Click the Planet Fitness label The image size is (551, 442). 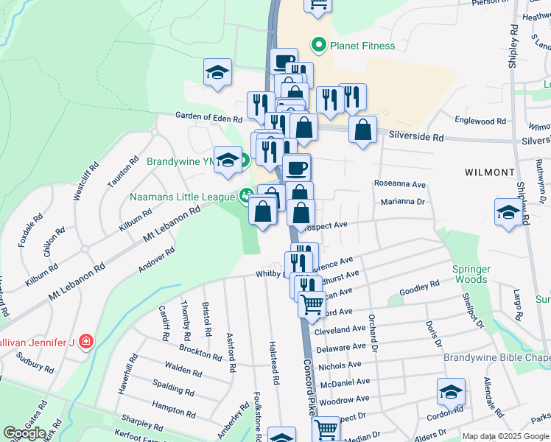(362, 46)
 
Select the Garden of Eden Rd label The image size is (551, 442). (208, 118)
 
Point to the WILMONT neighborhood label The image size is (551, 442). (490, 172)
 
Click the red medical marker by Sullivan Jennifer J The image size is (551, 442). (86, 341)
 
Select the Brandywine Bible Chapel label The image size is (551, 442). (497, 357)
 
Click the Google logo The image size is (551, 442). (24, 432)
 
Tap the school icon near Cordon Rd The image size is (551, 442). (451, 391)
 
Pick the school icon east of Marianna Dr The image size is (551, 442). (508, 211)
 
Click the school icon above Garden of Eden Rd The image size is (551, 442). (217, 71)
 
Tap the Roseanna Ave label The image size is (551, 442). (400, 184)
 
